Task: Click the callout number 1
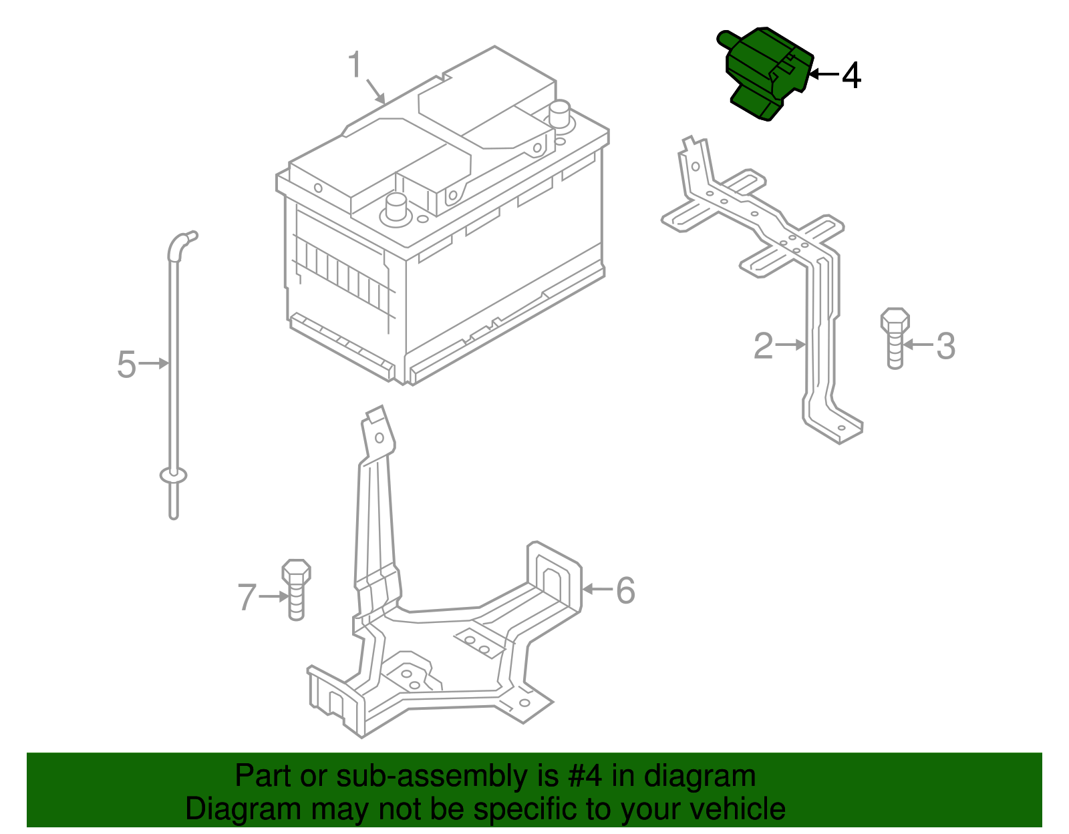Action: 355,65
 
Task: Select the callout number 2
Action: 763,345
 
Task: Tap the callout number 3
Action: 945,346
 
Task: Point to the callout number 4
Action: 851,75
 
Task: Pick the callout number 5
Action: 126,365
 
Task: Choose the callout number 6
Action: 625,590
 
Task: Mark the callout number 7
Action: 247,597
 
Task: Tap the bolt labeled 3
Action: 895,338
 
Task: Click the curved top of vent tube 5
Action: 179,242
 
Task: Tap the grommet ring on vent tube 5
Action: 174,475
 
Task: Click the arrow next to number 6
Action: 597,589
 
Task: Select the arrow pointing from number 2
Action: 791,345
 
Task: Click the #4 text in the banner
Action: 585,777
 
